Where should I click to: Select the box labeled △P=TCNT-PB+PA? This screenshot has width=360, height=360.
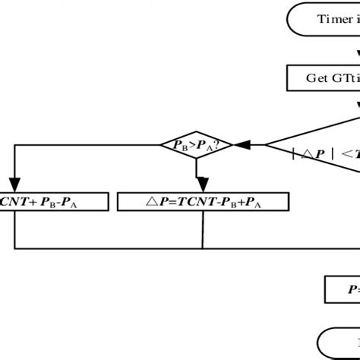click(x=204, y=201)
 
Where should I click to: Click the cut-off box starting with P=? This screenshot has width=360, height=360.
click(x=343, y=288)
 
